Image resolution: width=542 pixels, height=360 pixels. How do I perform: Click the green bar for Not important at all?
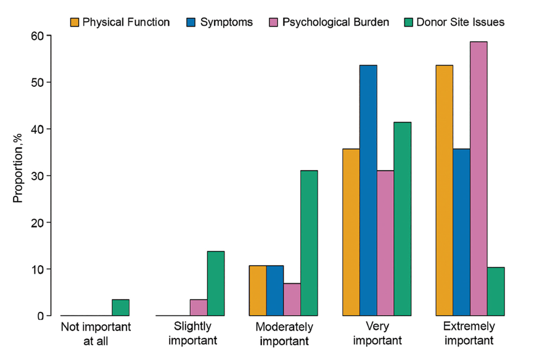pyautogui.click(x=120, y=308)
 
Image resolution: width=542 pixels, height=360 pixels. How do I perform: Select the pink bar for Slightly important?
pyautogui.click(x=198, y=308)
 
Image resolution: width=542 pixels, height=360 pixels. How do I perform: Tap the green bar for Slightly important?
pyautogui.click(x=215, y=284)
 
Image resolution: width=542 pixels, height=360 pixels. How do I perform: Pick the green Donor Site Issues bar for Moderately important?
pyautogui.click(x=309, y=243)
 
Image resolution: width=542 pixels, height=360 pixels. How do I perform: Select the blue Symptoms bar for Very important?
pyautogui.click(x=368, y=190)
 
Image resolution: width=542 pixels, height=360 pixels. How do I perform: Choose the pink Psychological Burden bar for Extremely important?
pyautogui.click(x=478, y=179)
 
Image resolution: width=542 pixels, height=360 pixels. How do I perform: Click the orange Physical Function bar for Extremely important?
pyautogui.click(x=444, y=190)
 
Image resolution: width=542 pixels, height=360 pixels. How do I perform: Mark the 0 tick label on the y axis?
pyautogui.click(x=40, y=316)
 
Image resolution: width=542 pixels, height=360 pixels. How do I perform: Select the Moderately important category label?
pyautogui.click(x=283, y=333)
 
